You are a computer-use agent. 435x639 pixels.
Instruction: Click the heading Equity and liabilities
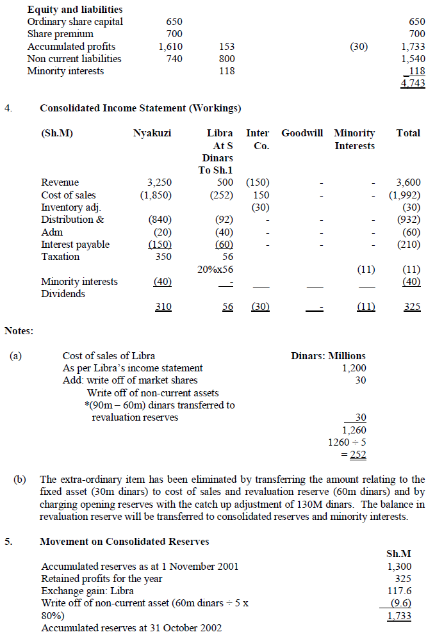[75, 10]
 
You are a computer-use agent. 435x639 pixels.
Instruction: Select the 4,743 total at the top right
[413, 83]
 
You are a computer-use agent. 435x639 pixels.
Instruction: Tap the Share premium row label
[60, 34]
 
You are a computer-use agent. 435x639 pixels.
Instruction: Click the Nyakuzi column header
[152, 133]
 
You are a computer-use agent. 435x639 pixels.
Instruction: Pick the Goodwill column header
[303, 133]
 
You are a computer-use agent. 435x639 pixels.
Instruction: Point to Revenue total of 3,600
[408, 182]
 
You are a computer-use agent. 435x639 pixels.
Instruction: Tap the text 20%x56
[215, 270]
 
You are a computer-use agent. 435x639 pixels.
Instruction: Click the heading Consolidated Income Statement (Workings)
[140, 108]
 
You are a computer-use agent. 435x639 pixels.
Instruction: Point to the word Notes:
[19, 331]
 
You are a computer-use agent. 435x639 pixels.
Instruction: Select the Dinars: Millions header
[328, 356]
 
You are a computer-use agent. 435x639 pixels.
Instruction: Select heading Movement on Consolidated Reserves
[124, 542]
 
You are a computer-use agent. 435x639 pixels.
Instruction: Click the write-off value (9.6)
[400, 603]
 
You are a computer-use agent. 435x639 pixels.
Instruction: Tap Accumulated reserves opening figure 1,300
[399, 567]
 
